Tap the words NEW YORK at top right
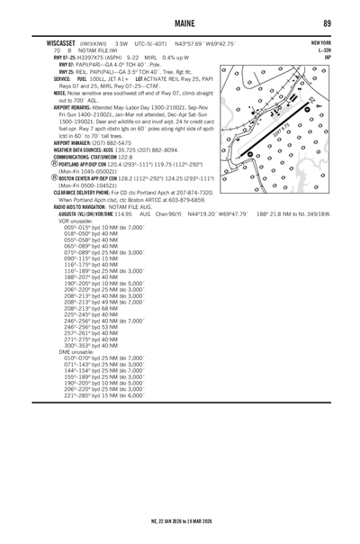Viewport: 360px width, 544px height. click(x=319, y=41)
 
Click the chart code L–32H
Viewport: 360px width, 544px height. click(x=324, y=48)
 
